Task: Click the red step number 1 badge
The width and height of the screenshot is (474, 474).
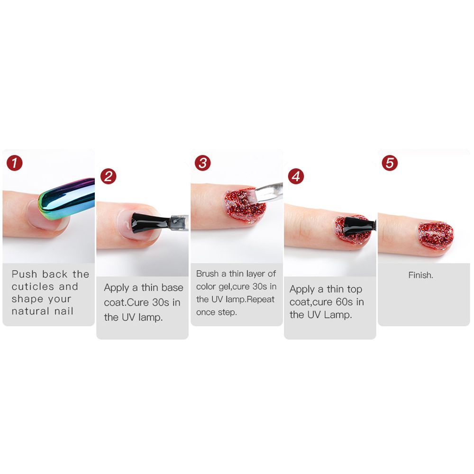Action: [x=15, y=164]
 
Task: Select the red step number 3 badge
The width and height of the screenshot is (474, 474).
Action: [x=203, y=164]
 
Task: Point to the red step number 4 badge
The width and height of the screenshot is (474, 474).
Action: [x=296, y=177]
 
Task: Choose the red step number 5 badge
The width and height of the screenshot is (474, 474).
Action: [x=390, y=164]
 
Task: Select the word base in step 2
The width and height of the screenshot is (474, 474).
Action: [x=172, y=288]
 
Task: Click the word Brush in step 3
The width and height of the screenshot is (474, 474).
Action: [x=207, y=274]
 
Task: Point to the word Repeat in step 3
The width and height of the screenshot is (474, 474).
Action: [x=261, y=299]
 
